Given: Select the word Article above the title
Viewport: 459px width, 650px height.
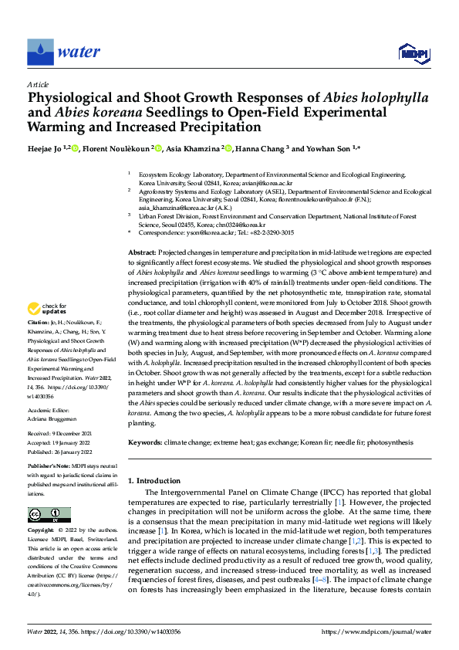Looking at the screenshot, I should click(38, 84).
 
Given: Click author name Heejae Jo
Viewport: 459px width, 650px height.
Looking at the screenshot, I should click(49, 147).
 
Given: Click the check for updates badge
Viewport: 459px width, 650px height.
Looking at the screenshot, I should click(48, 309).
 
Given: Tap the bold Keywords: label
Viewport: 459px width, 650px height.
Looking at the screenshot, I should click(145, 442).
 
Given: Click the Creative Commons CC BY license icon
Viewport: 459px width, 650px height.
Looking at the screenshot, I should click(49, 515).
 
